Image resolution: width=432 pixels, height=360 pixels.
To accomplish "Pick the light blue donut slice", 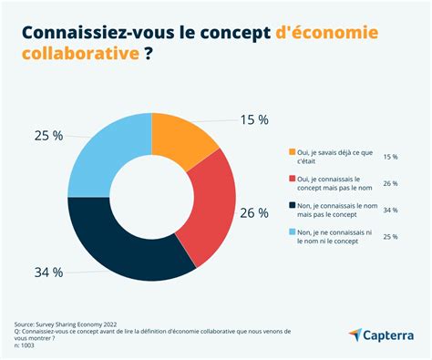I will pos(105,155).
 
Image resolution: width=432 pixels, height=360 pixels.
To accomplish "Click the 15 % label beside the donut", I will pos(254,120).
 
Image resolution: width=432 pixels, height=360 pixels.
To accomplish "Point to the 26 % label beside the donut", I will pos(254,213).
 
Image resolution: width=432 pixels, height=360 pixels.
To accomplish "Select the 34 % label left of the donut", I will pos(49,272).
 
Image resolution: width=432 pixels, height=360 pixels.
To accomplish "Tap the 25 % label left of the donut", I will pos(49,135).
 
